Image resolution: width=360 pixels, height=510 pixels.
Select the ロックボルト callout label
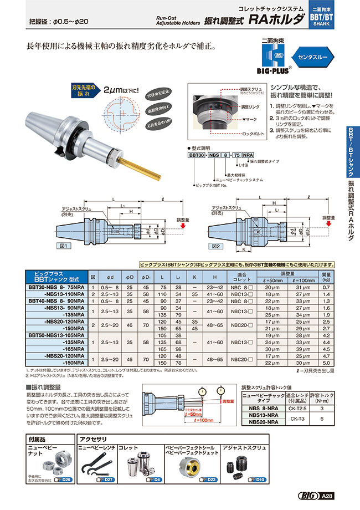[253, 134]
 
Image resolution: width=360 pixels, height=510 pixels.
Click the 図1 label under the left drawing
[62, 245]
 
